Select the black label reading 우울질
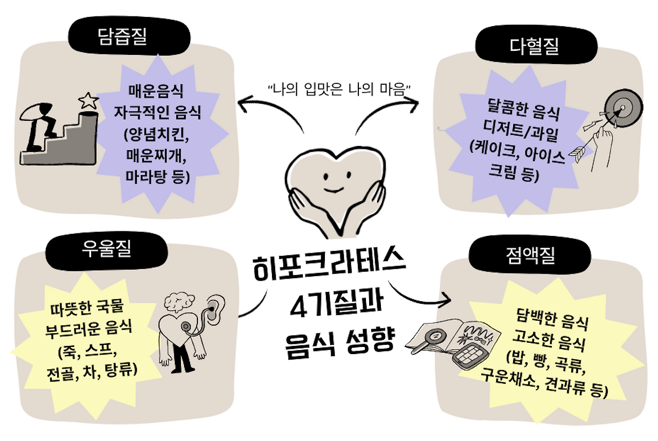point(106,250)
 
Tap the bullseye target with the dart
point(622,108)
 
